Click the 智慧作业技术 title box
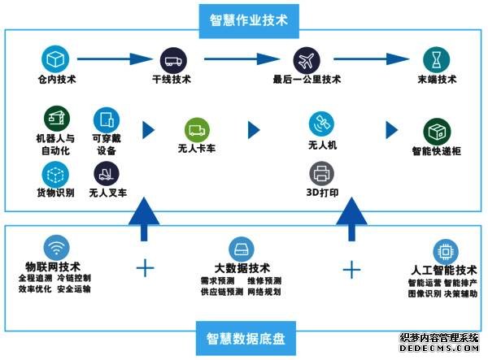[249, 21]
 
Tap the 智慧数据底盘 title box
[246, 338]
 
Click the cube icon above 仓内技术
[55, 59]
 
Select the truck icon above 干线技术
[173, 61]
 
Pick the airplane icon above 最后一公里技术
[307, 61]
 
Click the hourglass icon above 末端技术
[436, 60]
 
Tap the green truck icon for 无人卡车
[197, 130]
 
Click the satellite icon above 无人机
[321, 124]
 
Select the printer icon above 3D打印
[321, 174]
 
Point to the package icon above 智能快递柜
[437, 132]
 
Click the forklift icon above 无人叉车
[107, 174]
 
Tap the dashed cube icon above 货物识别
[55, 175]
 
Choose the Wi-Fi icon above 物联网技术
[57, 248]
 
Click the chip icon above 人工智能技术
[446, 252]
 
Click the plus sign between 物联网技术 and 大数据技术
[146, 268]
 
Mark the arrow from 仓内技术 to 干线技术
[115, 59]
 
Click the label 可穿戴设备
[107, 145]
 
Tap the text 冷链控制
[74, 278]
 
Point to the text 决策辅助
[460, 293]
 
